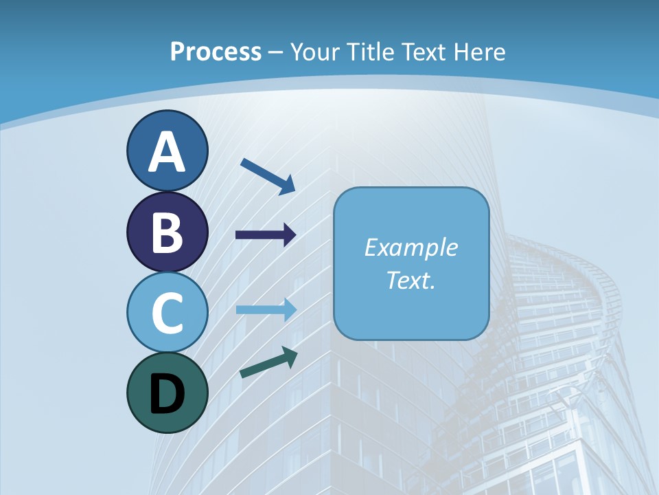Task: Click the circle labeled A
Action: [x=167, y=151]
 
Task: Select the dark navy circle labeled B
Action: [x=167, y=232]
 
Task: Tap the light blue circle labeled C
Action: [x=167, y=313]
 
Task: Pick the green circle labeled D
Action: [x=167, y=393]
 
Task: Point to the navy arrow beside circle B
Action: [x=266, y=235]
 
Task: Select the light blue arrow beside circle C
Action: [x=266, y=309]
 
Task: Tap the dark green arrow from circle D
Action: [x=268, y=363]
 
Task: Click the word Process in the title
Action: [x=216, y=52]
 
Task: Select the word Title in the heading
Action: [x=370, y=52]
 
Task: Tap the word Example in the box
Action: [x=411, y=247]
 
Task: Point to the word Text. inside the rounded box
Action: [x=411, y=280]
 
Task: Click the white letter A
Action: [x=167, y=152]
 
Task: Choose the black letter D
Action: [x=167, y=394]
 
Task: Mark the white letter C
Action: [x=167, y=313]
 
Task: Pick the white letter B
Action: [x=167, y=232]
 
